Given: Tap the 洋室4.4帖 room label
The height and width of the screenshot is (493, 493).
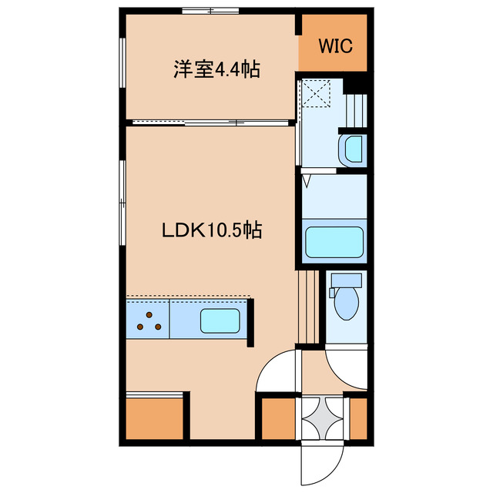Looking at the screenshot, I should [x=216, y=70].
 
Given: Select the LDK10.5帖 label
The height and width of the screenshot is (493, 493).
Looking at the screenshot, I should [x=211, y=230].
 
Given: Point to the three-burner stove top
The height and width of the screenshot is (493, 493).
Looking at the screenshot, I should [x=149, y=320].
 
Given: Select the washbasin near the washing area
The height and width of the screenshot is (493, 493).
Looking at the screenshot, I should [x=352, y=149].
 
